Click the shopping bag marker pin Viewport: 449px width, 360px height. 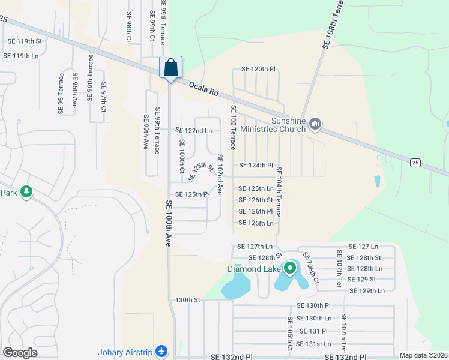click(x=170, y=68)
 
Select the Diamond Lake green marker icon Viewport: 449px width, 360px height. click(x=290, y=268)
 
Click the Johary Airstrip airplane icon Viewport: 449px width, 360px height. click(x=160, y=351)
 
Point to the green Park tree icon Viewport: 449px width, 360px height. click(x=26, y=192)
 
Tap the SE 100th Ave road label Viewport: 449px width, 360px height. click(x=169, y=223)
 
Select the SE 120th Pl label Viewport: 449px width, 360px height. click(x=258, y=70)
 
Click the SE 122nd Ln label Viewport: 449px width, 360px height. click(x=193, y=130)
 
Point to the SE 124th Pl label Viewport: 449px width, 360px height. click(x=256, y=165)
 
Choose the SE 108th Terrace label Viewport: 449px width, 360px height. click(x=328, y=24)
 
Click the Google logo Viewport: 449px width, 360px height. click(x=20, y=353)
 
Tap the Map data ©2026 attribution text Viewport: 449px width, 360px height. click(x=423, y=355)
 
